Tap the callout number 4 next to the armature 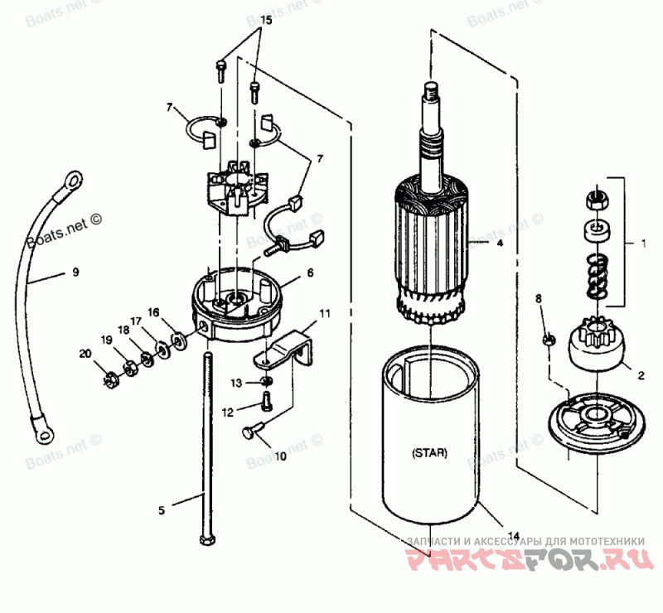click(500, 243)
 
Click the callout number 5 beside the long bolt click(163, 510)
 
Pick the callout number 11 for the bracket click(310, 273)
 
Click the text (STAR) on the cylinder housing click(429, 453)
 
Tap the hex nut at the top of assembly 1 click(593, 200)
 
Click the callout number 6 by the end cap click(310, 273)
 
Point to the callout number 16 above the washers click(153, 311)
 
